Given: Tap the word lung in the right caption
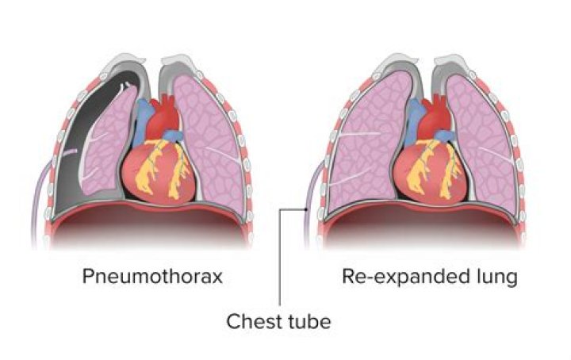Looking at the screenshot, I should tap(496, 278).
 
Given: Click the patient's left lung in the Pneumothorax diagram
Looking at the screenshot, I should tap(210, 135).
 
